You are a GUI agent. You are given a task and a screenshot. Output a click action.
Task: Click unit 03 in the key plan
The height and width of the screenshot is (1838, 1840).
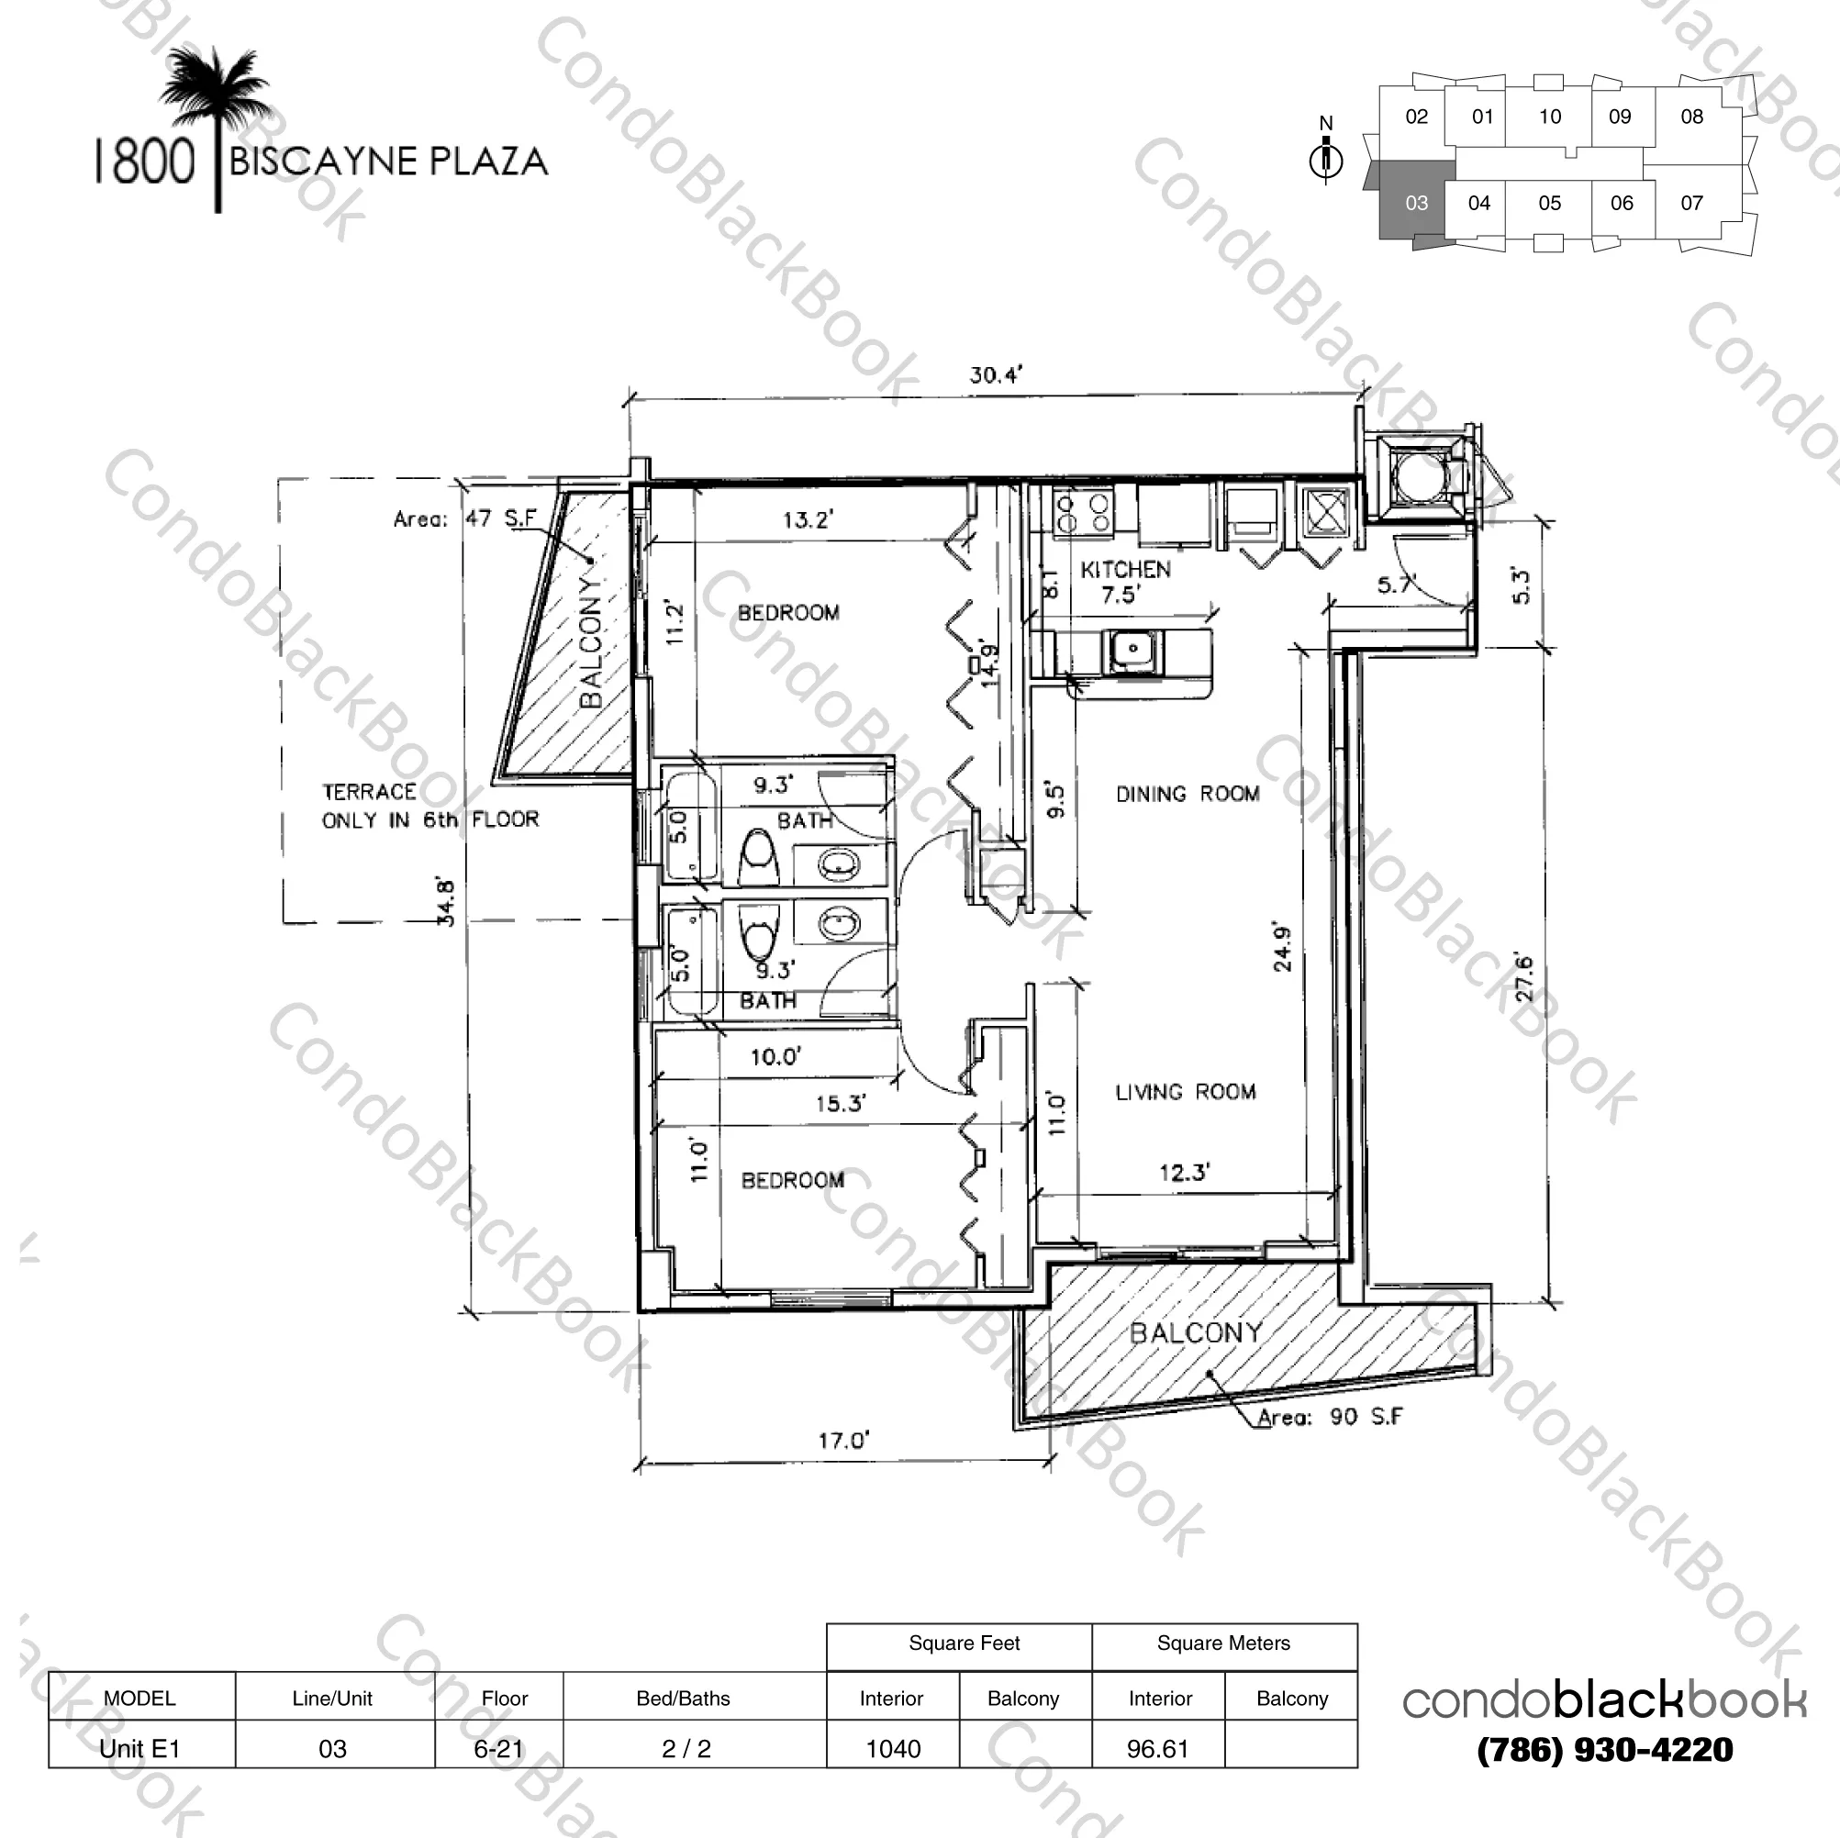point(1415,203)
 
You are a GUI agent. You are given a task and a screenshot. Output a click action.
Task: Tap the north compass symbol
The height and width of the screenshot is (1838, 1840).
point(1326,158)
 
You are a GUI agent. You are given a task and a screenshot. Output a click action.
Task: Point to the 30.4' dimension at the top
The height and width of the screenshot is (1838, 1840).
point(995,375)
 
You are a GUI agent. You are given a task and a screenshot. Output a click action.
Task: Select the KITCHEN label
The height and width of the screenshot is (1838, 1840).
point(1125,571)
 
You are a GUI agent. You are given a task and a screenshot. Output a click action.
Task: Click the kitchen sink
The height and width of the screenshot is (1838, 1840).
point(1132,650)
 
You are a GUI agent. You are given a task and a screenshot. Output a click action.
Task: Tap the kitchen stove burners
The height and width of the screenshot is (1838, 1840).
point(1083,511)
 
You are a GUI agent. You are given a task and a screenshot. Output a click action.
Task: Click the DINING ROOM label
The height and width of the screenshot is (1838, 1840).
point(1187,795)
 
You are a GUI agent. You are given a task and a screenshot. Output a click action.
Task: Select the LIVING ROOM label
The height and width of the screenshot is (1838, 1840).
point(1185,1092)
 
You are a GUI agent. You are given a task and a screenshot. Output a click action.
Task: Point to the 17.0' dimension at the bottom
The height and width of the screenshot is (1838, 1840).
point(842,1440)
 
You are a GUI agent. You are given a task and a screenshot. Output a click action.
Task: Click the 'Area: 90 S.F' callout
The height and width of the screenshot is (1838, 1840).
point(1330,1417)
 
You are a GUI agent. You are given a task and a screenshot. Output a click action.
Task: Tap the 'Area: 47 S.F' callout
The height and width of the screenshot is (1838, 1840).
point(464,519)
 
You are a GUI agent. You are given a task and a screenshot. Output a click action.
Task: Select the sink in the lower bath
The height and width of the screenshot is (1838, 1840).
point(839,923)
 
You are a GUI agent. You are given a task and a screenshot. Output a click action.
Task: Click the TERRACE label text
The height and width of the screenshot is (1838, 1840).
point(370,792)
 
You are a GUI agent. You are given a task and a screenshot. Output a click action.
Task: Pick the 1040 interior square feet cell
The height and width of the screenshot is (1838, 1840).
point(892,1748)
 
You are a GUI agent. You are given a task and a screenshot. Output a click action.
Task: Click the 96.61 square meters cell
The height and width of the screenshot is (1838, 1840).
point(1157,1748)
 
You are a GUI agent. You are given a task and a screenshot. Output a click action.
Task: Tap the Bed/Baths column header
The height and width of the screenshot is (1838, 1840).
point(683,1698)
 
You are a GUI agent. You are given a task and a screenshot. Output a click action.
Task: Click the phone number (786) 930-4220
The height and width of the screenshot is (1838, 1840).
point(1604,1749)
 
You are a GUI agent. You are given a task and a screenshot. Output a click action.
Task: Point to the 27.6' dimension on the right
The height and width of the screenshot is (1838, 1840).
point(1522,976)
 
